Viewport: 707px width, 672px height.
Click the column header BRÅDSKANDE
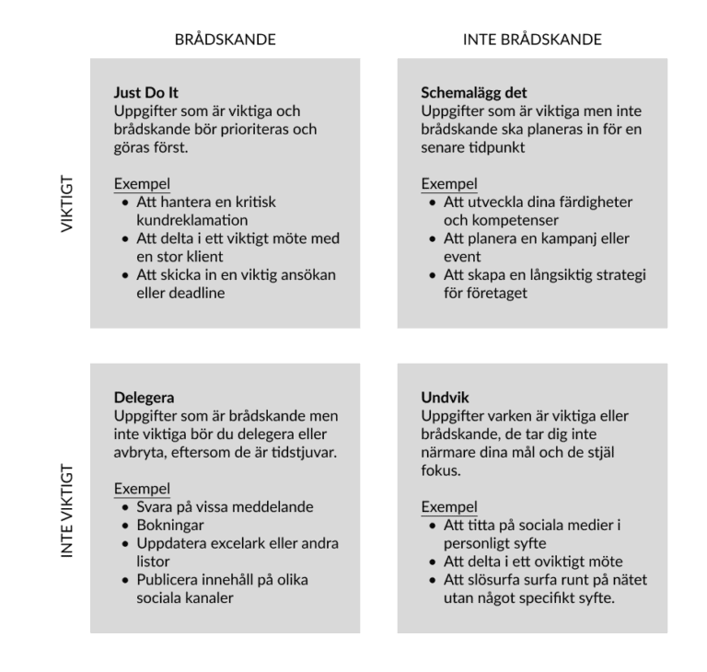226,40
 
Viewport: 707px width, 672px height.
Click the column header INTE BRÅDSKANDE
532,40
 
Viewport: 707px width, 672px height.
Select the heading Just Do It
145,95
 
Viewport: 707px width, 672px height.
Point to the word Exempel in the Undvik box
448,507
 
